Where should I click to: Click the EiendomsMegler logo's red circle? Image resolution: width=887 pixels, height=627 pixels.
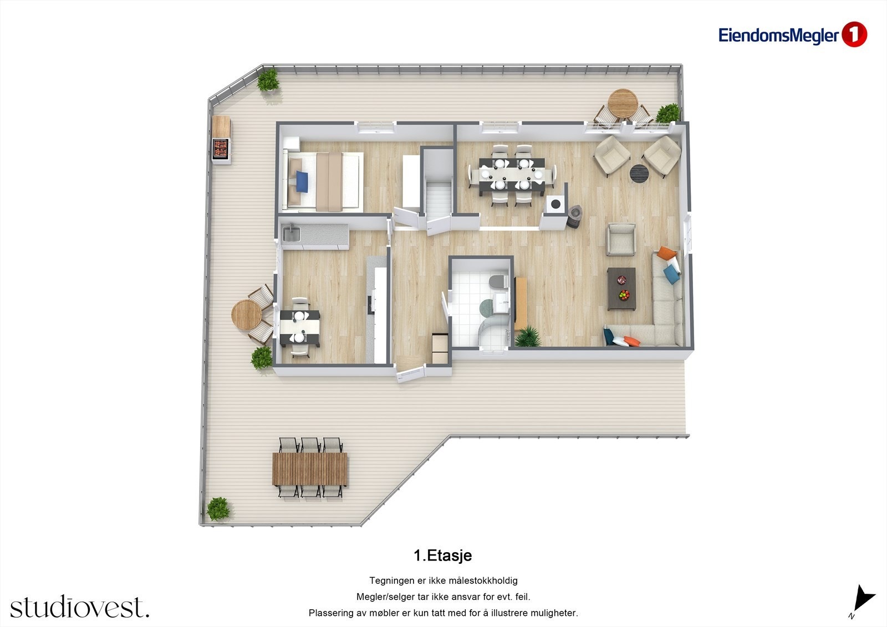tap(854, 35)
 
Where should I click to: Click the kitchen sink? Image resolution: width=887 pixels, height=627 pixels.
tap(290, 234)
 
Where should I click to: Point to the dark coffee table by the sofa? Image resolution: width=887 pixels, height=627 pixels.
tap(621, 288)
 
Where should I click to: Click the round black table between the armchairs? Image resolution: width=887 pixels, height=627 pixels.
tap(639, 173)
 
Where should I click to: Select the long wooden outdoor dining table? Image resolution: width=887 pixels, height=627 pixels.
tap(310, 469)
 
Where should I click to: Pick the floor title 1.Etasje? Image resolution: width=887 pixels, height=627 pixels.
tap(442, 555)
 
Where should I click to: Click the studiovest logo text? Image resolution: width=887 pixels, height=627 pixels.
tap(79, 607)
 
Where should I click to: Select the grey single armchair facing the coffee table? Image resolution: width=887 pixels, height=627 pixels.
tap(620, 239)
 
